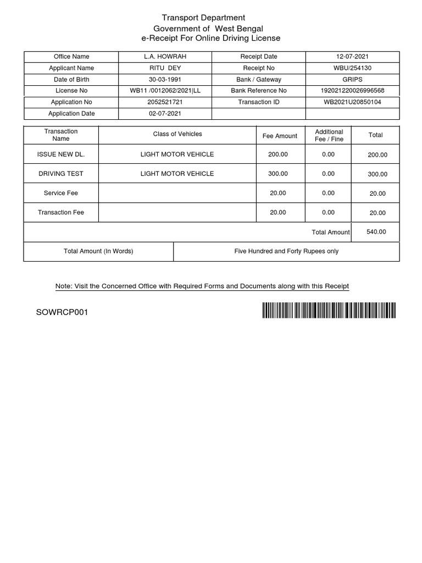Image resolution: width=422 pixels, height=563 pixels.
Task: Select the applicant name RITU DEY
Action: click(x=165, y=68)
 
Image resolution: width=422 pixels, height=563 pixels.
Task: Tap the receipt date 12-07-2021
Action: click(x=352, y=57)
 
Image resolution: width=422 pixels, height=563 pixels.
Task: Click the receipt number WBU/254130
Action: click(x=352, y=68)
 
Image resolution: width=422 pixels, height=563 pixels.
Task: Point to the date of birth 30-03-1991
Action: click(x=165, y=80)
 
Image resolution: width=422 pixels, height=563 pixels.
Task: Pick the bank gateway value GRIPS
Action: click(x=352, y=80)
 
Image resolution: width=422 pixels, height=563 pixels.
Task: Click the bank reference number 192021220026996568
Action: click(x=352, y=91)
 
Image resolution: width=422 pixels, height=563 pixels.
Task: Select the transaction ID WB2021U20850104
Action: click(x=352, y=102)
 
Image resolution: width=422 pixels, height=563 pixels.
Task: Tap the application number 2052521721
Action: click(x=165, y=102)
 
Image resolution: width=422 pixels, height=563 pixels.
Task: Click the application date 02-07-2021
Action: click(x=165, y=114)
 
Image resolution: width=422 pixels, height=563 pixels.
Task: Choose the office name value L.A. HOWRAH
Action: click(x=165, y=57)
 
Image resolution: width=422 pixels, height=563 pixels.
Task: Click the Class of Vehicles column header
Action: click(x=177, y=134)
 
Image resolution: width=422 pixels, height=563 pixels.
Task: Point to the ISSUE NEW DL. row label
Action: click(x=61, y=154)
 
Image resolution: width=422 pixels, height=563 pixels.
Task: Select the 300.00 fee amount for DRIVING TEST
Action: click(x=278, y=174)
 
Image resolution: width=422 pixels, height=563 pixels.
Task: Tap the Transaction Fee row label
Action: click(x=61, y=212)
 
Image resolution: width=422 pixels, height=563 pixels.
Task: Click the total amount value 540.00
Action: click(x=376, y=232)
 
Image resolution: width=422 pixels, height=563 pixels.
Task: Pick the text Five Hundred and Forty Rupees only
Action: click(x=286, y=251)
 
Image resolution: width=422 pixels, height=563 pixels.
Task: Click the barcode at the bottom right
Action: click(x=329, y=311)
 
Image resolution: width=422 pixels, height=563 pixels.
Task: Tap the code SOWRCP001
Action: click(x=62, y=312)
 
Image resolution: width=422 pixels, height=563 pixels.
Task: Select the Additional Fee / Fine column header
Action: click(x=329, y=135)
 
